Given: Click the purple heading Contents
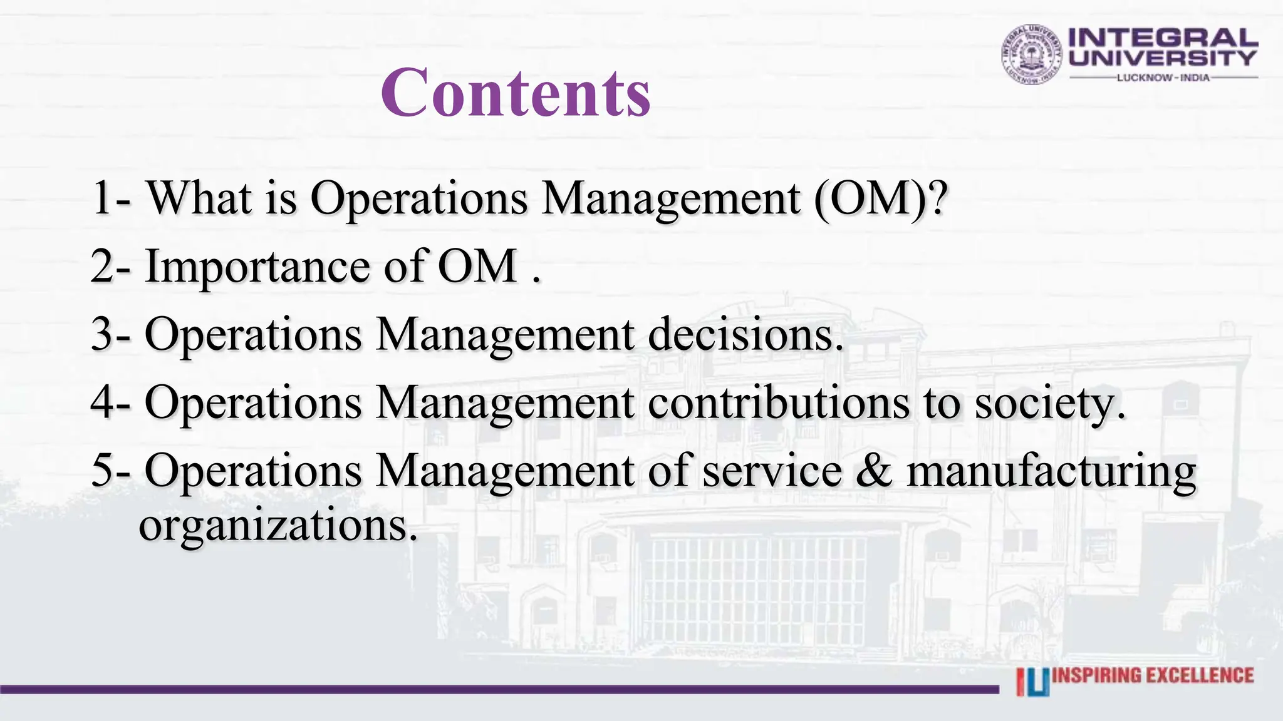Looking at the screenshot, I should [516, 93].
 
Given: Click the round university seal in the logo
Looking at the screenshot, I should [1031, 54].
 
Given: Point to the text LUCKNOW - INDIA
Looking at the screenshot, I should [1163, 78].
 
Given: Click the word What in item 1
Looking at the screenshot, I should [199, 198].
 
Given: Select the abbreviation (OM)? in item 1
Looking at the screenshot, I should [880, 198].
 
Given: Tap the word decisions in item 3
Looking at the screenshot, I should [745, 334].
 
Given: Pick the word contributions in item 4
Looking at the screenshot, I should [778, 402].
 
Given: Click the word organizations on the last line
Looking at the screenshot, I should [278, 526].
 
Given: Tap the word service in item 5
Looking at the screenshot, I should [772, 471].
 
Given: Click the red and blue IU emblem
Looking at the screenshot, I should [1032, 682].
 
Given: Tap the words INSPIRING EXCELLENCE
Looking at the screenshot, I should [1153, 675].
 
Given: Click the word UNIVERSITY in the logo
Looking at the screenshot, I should [1163, 58].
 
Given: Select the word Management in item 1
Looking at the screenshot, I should [671, 198].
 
